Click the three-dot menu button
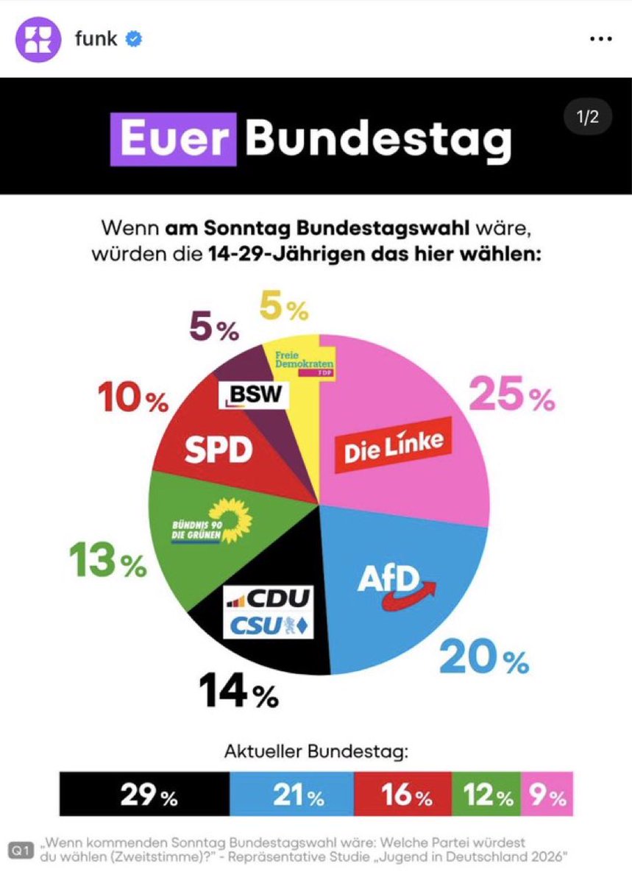601,39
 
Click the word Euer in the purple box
174,138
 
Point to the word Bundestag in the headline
378,138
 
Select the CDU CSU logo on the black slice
269,612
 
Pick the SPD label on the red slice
219,450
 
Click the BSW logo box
253,394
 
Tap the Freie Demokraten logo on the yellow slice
303,363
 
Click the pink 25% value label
511,397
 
